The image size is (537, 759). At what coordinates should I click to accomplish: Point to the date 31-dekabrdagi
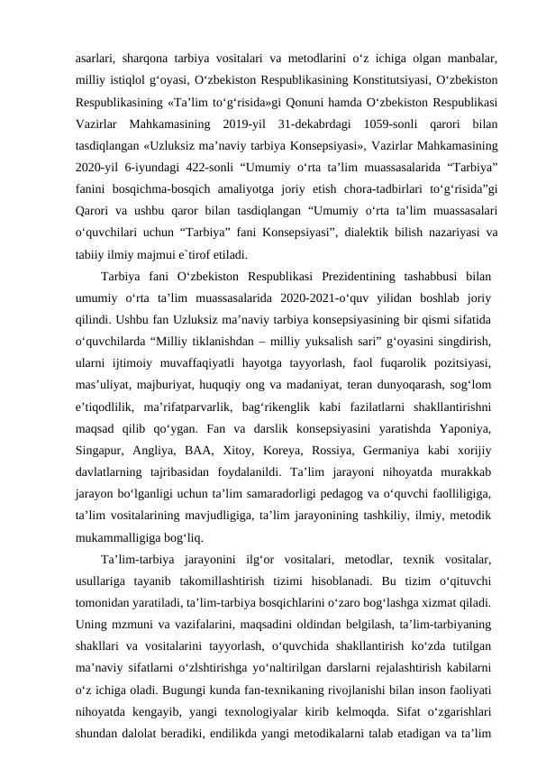[x=309, y=122]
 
